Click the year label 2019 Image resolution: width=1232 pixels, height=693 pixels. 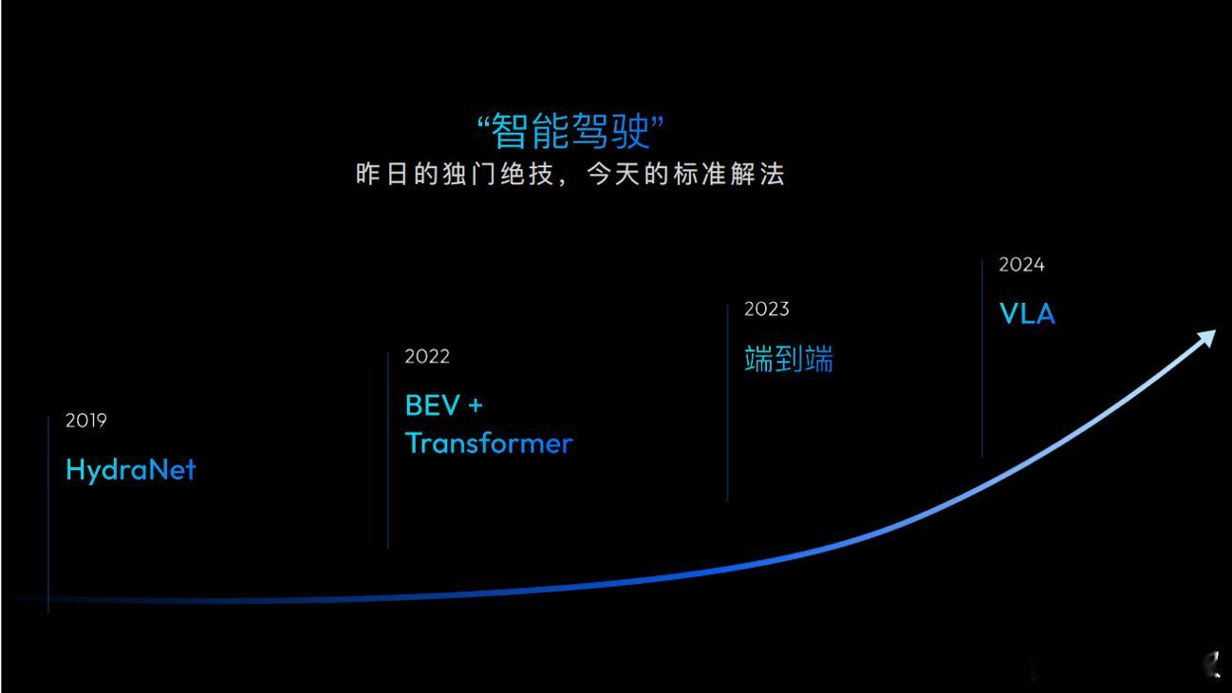pyautogui.click(x=85, y=421)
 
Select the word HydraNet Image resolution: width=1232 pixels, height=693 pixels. pyautogui.click(x=130, y=470)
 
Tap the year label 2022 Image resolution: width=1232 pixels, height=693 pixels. pyautogui.click(x=427, y=356)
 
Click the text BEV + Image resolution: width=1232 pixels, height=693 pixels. pyautogui.click(x=444, y=406)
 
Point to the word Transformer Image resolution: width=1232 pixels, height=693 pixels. pyautogui.click(x=489, y=443)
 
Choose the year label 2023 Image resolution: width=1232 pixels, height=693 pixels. pyautogui.click(x=766, y=309)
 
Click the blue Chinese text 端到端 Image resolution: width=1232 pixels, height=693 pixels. pyautogui.click(x=789, y=359)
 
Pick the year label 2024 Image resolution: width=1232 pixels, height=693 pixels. pyautogui.click(x=1021, y=265)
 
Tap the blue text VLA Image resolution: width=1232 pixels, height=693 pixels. pyautogui.click(x=1027, y=314)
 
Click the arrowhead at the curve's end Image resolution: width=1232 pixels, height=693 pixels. pyautogui.click(x=1208, y=337)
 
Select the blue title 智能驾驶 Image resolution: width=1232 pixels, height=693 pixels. pyautogui.click(x=569, y=131)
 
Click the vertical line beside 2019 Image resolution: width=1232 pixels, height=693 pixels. pyautogui.click(x=48, y=515)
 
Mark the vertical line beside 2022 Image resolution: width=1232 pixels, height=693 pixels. pyautogui.click(x=388, y=450)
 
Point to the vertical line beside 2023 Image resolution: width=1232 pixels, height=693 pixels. pyautogui.click(x=727, y=403)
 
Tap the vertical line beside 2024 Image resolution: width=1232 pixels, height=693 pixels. pyautogui.click(x=981, y=359)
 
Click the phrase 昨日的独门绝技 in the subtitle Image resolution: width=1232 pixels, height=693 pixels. pyautogui.click(x=455, y=175)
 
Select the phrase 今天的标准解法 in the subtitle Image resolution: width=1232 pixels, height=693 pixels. pyautogui.click(x=685, y=175)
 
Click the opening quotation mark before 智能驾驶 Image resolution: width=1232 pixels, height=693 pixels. pyautogui.click(x=483, y=122)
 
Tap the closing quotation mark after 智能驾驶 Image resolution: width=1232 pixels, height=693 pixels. pyautogui.click(x=657, y=122)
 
